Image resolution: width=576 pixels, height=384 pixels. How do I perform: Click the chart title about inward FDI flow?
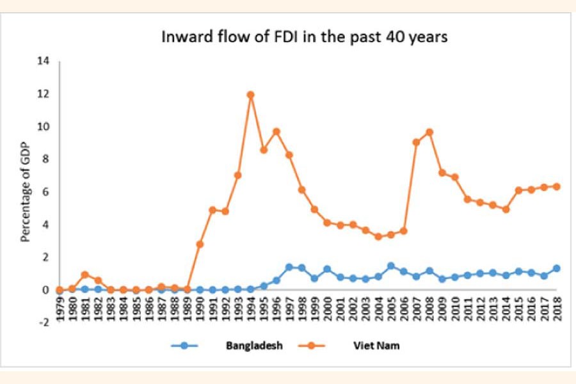[x=304, y=37]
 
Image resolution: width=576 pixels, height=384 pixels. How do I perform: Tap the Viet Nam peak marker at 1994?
[x=251, y=95]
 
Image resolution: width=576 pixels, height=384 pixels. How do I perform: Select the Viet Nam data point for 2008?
[x=429, y=132]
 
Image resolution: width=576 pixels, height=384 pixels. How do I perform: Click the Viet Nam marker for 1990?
[x=200, y=244]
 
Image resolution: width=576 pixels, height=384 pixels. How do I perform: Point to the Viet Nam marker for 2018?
[x=557, y=186]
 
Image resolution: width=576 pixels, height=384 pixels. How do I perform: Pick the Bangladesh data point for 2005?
[x=391, y=266]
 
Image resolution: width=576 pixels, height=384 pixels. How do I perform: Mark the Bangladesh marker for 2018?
[x=557, y=268]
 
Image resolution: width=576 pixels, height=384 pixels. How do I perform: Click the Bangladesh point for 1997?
[x=289, y=267]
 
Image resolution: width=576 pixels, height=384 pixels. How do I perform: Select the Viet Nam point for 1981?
[x=85, y=275]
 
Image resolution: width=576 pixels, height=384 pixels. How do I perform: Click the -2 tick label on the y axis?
[x=44, y=323]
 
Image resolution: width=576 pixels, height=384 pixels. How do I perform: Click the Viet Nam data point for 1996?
[x=276, y=132]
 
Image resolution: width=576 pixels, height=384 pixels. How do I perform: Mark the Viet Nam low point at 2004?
[x=378, y=236]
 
